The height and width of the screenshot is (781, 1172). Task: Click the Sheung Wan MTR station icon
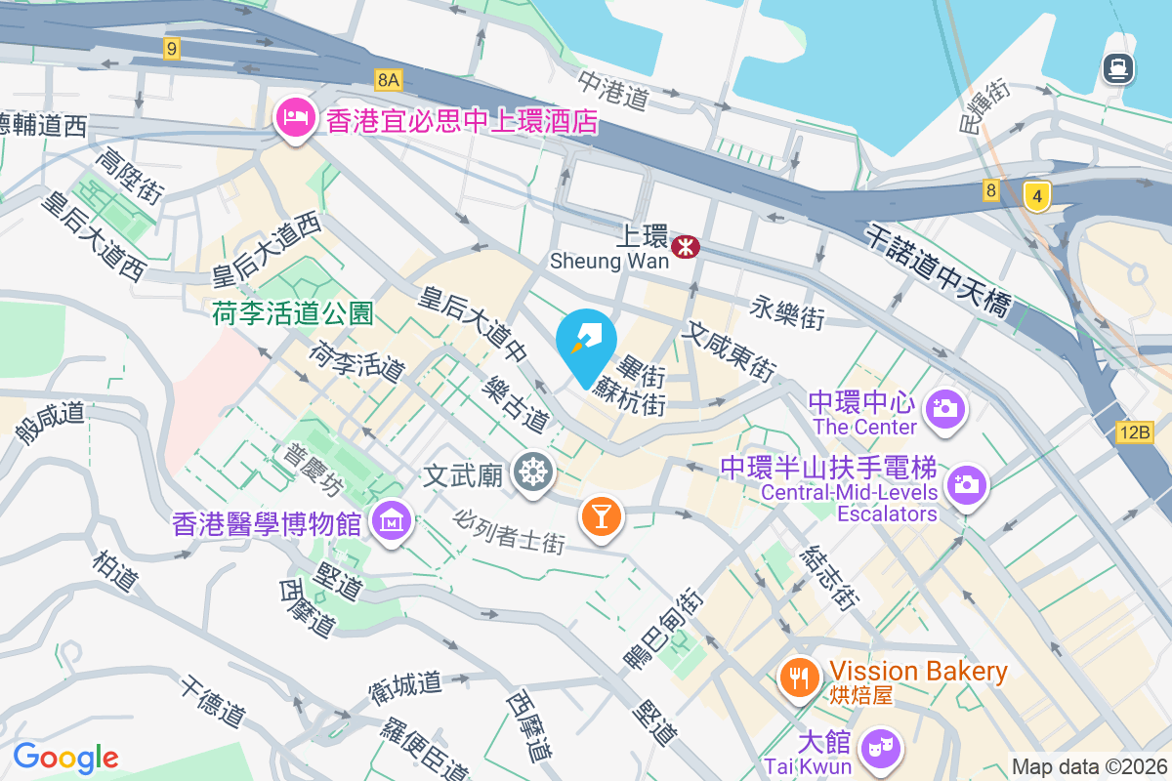coord(686,247)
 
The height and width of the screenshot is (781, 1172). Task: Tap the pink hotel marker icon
coord(294,118)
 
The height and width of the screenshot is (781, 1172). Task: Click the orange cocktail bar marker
coord(601,514)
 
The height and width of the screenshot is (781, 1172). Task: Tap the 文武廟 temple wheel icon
coord(533,473)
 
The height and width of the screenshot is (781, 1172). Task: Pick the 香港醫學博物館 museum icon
coord(392,522)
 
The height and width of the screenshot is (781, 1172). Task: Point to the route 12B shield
coord(1137,432)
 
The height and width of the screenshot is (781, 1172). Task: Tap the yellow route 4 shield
coord(1037,196)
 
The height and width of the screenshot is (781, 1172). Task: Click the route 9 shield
coord(173,48)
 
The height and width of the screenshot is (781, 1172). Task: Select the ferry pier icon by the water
coord(1117,67)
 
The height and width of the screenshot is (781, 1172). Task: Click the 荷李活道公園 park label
coord(293,312)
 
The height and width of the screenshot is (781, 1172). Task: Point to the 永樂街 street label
coord(788,314)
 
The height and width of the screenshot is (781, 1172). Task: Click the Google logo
coord(65,758)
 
